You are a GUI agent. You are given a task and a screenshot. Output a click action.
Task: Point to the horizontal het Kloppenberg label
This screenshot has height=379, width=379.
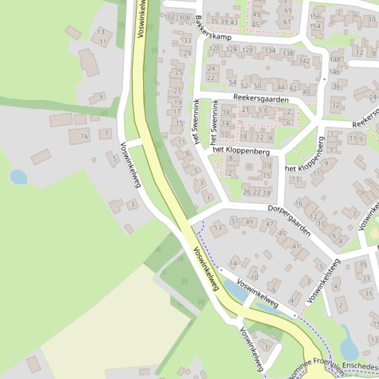(x=241, y=150)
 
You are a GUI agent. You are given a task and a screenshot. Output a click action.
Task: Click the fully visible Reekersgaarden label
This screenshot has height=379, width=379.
(x=261, y=99)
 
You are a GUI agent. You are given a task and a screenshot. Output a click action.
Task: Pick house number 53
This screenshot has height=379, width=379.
(x=217, y=227)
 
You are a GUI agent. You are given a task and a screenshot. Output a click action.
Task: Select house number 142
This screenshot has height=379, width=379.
(x=305, y=61)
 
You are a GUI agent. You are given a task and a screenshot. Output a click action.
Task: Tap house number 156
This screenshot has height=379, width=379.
(x=315, y=17)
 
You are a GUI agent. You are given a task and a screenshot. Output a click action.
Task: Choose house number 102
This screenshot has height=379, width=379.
(x=170, y=17)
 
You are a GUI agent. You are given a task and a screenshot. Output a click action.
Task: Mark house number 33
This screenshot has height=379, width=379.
(x=187, y=41)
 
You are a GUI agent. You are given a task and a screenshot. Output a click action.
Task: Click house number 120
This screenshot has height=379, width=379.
(x=214, y=49)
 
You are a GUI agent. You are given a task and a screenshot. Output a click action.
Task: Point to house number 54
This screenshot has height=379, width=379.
(x=232, y=83)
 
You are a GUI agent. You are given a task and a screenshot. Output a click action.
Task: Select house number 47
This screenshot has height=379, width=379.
(x=270, y=224)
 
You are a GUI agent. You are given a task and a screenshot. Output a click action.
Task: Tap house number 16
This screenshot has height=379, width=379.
(x=299, y=203)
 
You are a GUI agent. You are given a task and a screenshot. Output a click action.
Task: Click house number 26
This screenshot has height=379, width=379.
(x=246, y=192)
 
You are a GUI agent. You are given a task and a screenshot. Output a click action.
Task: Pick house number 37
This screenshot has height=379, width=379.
(x=366, y=279)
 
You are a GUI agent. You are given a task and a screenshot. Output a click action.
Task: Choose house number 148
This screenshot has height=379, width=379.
(x=335, y=60)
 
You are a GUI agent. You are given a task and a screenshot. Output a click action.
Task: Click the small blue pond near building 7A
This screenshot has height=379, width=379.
(x=18, y=177)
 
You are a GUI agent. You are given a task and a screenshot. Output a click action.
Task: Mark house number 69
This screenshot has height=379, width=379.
(x=288, y=10)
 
